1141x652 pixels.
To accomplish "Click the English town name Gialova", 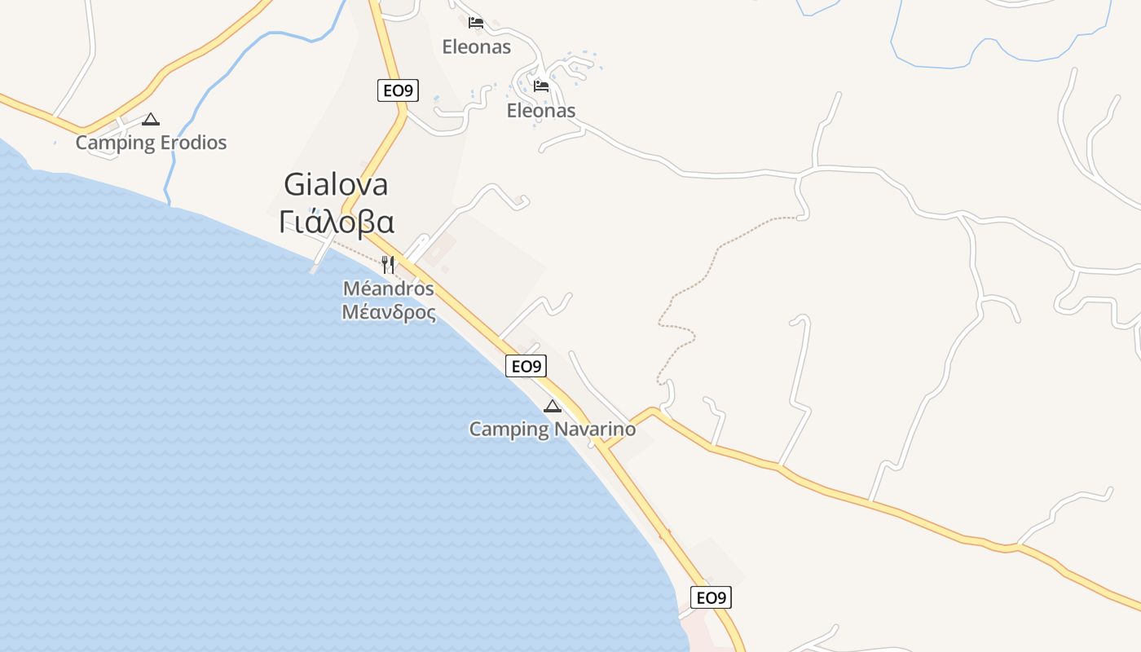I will (336, 185).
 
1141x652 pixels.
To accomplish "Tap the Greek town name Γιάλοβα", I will (336, 222).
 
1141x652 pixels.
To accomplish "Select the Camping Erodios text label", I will (151, 143).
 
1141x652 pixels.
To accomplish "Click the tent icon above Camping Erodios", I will (150, 120).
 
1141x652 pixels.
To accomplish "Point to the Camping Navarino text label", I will (552, 429).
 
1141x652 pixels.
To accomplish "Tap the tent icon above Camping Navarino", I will (553, 406).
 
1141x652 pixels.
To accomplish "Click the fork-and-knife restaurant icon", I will (388, 264).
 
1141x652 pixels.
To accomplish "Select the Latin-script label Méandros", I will (388, 289).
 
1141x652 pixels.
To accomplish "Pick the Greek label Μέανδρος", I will (388, 312).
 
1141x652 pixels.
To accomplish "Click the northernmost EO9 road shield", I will (398, 90).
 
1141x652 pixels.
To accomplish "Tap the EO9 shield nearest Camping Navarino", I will (526, 366).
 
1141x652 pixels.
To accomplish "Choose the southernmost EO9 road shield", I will (711, 597).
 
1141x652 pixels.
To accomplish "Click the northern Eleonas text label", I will (476, 46).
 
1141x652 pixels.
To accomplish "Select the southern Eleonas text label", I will (540, 111).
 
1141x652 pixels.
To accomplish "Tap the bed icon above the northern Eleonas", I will (476, 22).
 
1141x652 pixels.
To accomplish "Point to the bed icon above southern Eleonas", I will (540, 86).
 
